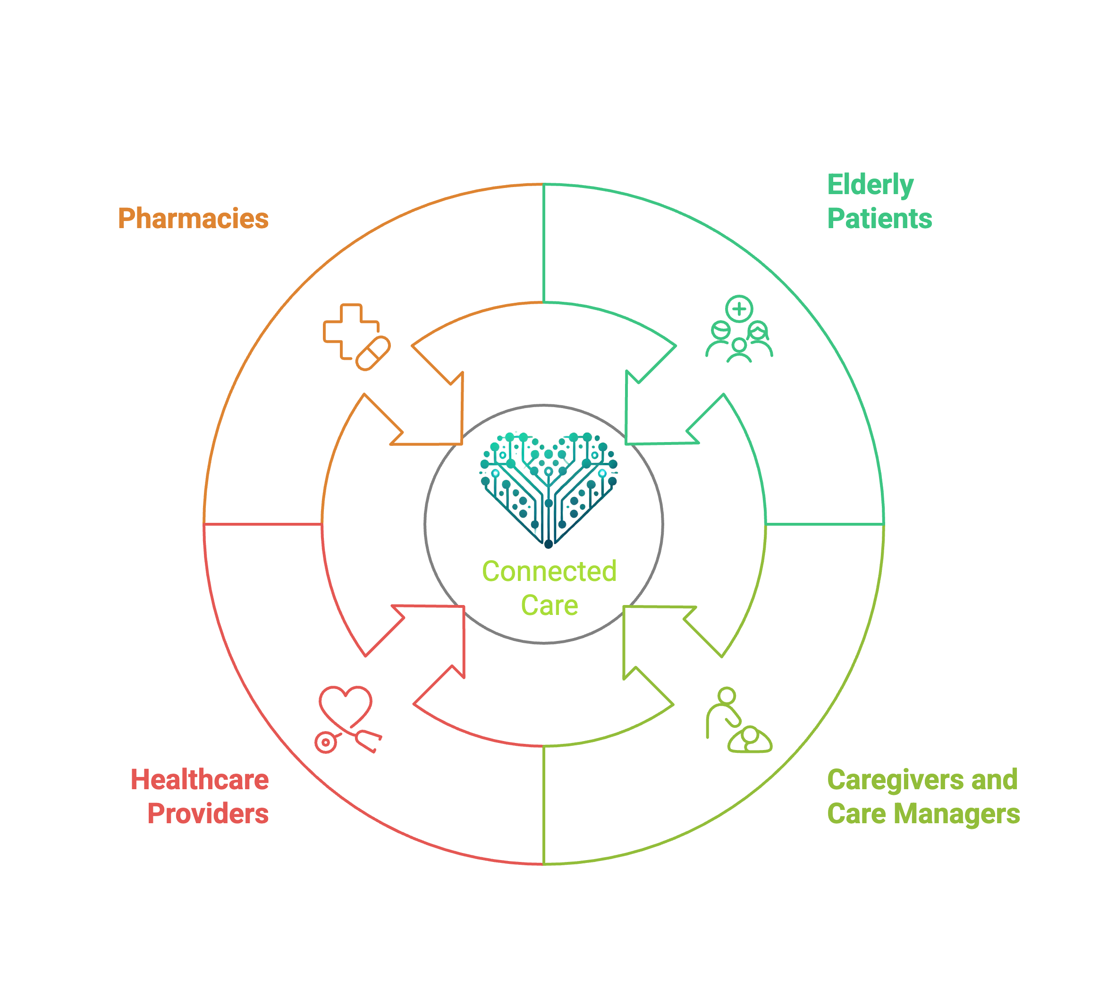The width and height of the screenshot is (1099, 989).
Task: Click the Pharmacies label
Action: pyautogui.click(x=193, y=219)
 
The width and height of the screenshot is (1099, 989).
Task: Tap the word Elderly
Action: pyautogui.click(x=871, y=185)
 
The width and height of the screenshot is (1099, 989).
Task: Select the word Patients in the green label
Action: pyautogui.click(x=879, y=219)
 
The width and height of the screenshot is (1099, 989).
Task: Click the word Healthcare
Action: pyautogui.click(x=199, y=780)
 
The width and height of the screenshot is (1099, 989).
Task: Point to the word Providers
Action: pyautogui.click(x=208, y=813)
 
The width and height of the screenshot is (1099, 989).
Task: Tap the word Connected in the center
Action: pyautogui.click(x=549, y=571)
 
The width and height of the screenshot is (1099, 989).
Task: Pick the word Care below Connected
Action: pyautogui.click(x=549, y=605)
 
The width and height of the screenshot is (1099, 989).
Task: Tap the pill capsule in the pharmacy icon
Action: pyautogui.click(x=372, y=353)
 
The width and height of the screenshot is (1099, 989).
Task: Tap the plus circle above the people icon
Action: pyautogui.click(x=739, y=309)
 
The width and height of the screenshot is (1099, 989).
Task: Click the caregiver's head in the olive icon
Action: pyautogui.click(x=727, y=695)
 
